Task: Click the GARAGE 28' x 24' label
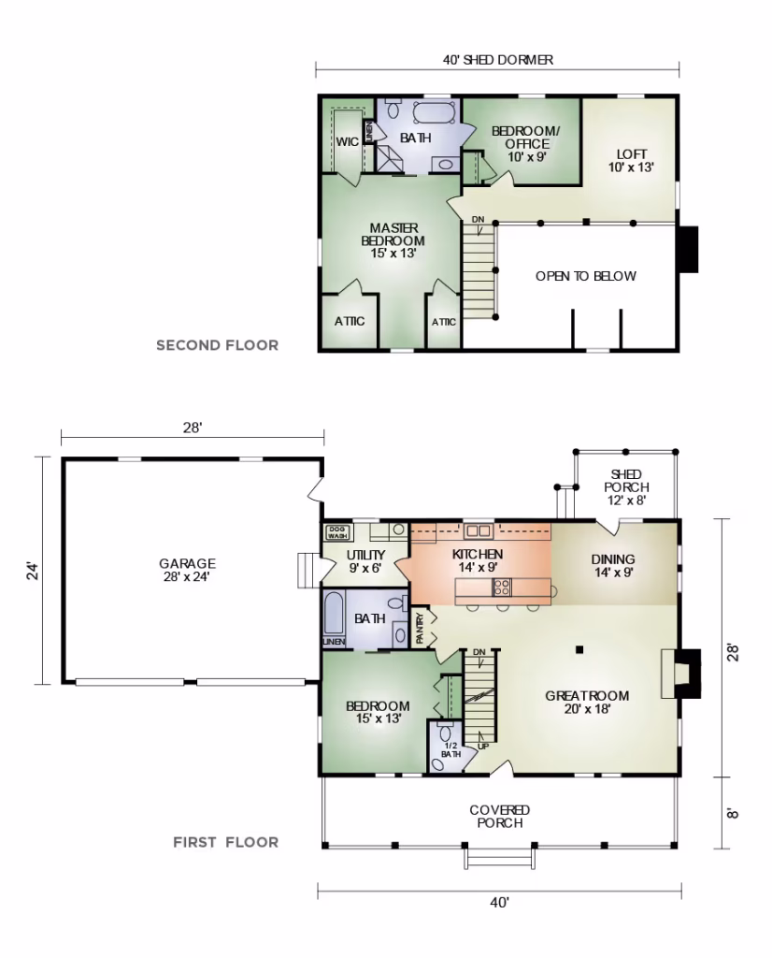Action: tap(187, 570)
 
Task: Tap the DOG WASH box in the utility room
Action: tap(336, 532)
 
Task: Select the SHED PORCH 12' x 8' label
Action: tap(626, 486)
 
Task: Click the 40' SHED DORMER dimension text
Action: tap(498, 60)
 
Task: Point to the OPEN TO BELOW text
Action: tap(586, 276)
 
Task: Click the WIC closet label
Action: tap(348, 142)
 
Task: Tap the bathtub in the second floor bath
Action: tap(434, 112)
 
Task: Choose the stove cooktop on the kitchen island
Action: tap(502, 588)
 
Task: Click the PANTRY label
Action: tap(420, 628)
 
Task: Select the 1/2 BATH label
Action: tap(451, 749)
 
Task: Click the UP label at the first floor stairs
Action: tap(482, 746)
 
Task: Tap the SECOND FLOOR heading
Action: tap(217, 345)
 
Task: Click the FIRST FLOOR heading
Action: tap(226, 843)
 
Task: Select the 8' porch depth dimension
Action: tap(734, 813)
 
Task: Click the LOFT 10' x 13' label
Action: tap(631, 161)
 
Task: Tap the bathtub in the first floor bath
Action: tap(334, 613)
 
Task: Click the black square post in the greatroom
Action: tap(579, 649)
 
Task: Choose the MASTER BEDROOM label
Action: tap(393, 240)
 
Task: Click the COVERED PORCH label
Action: tap(500, 816)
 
